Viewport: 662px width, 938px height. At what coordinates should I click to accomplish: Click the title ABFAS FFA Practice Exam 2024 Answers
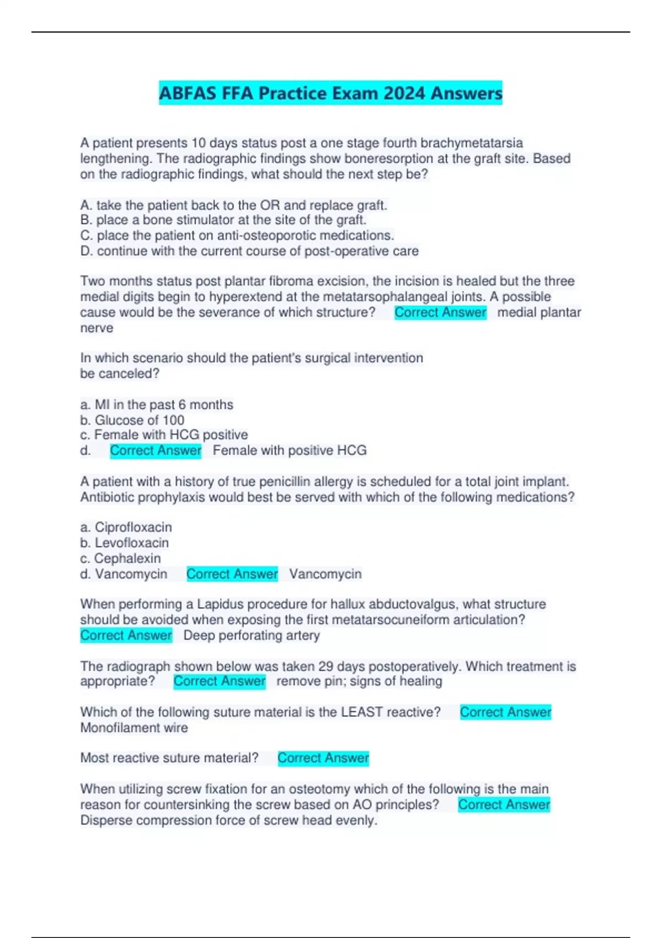click(x=330, y=93)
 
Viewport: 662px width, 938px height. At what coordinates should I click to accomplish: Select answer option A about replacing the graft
click(x=233, y=205)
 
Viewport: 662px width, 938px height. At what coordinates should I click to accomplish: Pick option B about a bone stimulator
click(x=223, y=220)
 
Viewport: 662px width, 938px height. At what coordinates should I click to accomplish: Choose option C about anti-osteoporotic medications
click(x=237, y=236)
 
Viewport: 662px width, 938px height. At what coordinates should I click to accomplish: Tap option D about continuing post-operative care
click(x=249, y=251)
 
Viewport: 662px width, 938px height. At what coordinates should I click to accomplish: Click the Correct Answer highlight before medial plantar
click(x=440, y=312)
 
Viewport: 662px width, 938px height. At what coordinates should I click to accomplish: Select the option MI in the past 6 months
click(x=157, y=404)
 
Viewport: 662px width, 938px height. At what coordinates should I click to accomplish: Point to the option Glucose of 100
click(x=132, y=420)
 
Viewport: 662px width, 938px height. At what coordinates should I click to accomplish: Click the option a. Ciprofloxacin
click(x=126, y=527)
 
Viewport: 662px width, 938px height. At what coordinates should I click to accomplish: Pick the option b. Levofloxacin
click(x=124, y=542)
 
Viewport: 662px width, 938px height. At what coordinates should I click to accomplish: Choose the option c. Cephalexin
click(x=120, y=558)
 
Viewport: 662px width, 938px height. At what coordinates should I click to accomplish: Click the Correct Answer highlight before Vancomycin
click(x=232, y=574)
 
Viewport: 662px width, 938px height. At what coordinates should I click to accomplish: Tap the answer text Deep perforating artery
click(x=252, y=635)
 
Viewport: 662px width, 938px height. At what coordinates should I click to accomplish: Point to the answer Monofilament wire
click(x=134, y=728)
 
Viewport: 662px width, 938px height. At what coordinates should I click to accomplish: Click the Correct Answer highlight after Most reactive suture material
click(x=323, y=758)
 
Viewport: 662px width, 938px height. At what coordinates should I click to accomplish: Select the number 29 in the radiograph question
click(x=325, y=667)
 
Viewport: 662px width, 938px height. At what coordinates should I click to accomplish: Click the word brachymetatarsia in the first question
click(x=471, y=143)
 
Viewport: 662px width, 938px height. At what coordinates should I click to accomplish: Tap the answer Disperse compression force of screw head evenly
click(x=228, y=820)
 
